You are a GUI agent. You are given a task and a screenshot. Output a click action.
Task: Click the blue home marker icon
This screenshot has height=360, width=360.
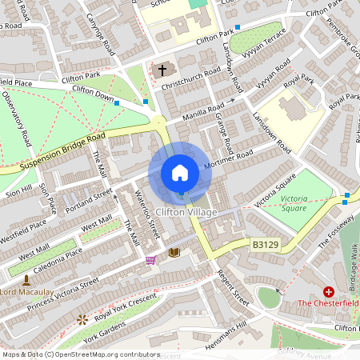pyautogui.click(x=180, y=173)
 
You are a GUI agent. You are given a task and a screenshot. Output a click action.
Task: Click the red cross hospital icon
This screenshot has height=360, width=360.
pyautogui.click(x=328, y=292)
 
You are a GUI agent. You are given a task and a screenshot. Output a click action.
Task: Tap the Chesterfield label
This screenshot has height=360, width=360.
pyautogui.click(x=328, y=303)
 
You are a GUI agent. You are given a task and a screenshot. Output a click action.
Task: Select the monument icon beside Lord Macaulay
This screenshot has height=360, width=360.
pyautogui.click(x=26, y=280)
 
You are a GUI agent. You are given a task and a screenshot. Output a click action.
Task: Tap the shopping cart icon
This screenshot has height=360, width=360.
pyautogui.click(x=150, y=260)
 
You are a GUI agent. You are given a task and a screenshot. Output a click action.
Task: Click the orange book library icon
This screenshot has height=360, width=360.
pyautogui.click(x=174, y=253)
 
